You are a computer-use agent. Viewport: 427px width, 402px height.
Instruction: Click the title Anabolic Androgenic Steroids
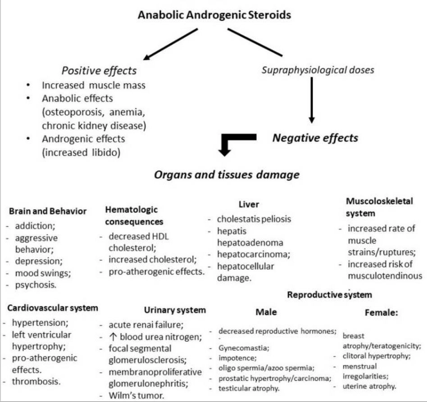214,15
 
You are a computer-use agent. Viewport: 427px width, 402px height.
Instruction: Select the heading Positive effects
99,71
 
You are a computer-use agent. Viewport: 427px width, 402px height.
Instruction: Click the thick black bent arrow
232,145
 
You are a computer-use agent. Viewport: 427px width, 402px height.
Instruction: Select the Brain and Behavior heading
48,211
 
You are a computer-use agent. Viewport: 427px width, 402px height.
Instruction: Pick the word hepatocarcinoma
253,254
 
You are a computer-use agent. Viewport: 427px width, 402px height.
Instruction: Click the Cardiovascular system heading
53,308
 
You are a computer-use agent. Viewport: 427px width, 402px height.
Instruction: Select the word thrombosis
38,382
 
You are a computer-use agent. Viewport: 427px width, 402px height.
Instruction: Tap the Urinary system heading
175,310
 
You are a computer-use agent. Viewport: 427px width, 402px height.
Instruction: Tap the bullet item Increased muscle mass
94,85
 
